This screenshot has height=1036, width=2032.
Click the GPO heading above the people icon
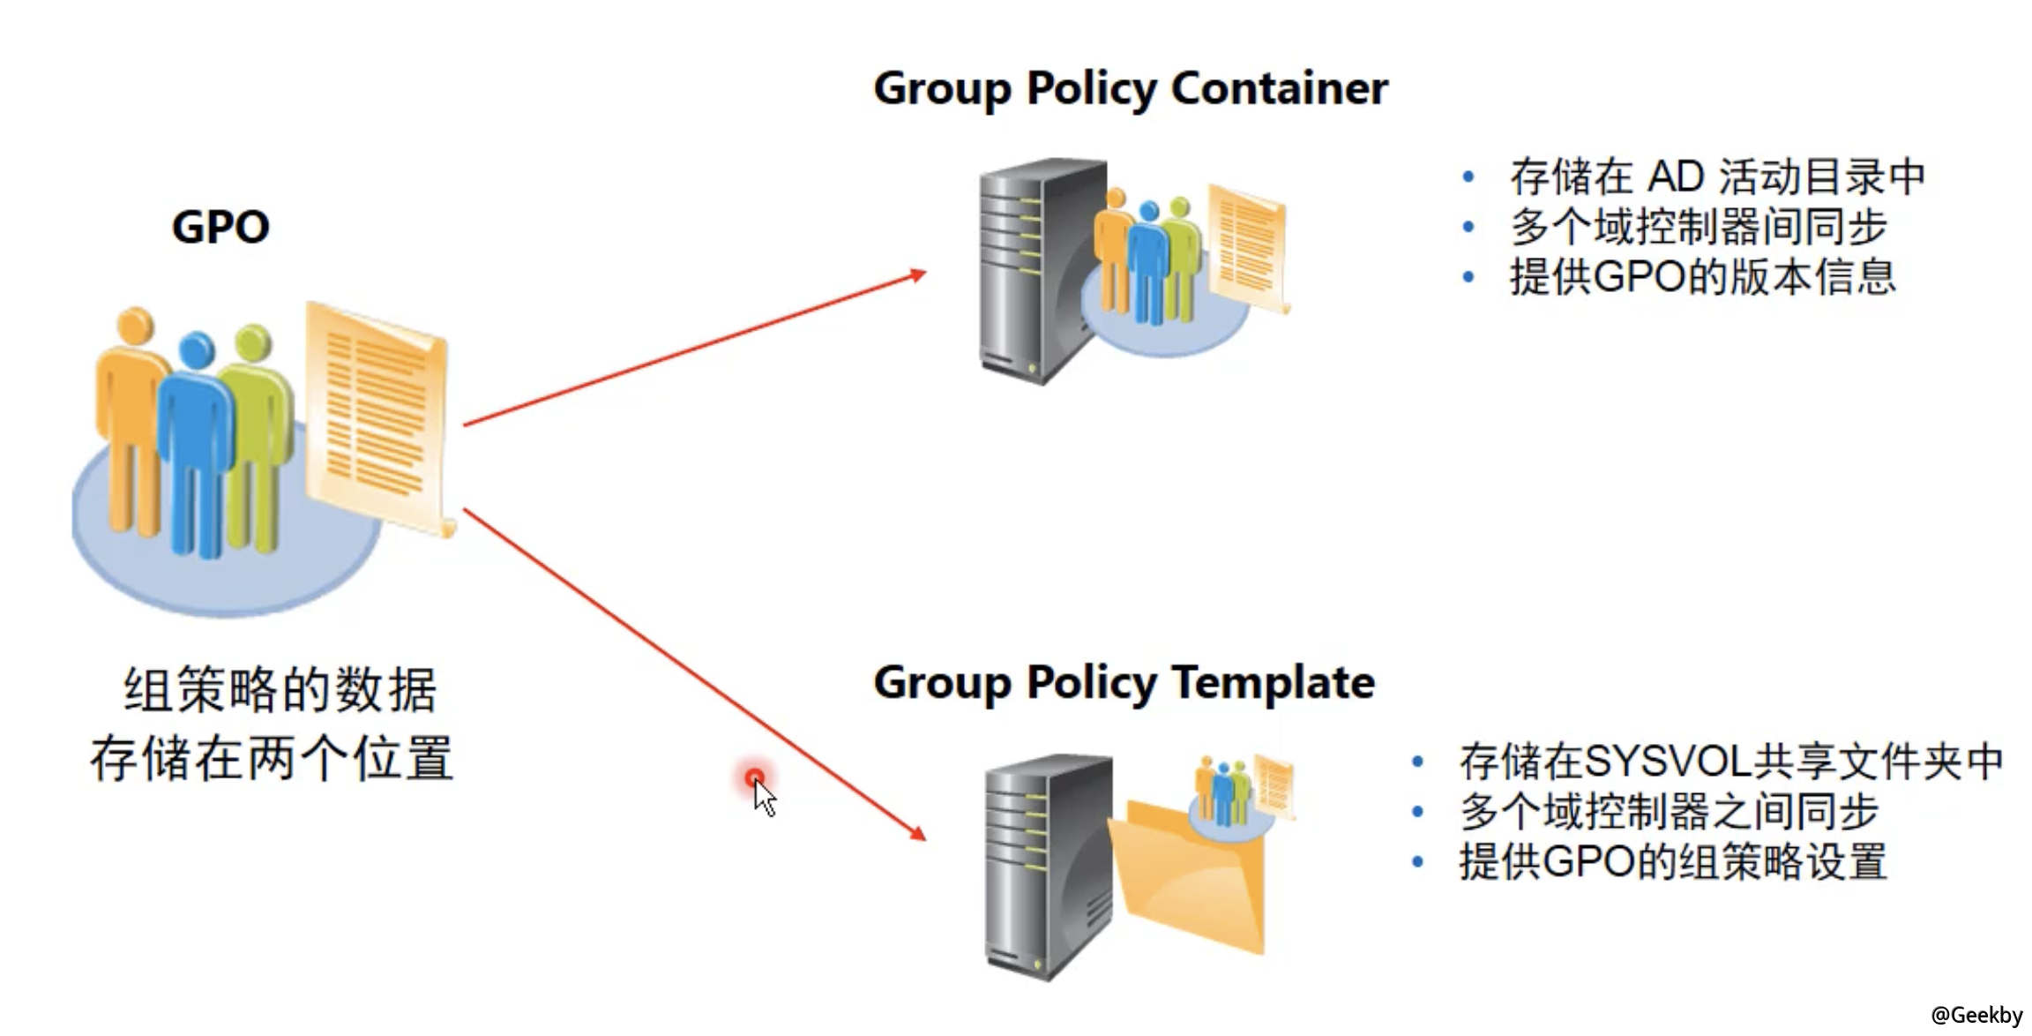[220, 227]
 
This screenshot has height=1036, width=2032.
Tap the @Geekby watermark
[1976, 1015]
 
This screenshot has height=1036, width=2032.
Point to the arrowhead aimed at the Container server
[918, 275]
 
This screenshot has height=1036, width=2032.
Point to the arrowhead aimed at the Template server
[918, 833]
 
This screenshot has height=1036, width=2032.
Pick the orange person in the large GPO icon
[131, 415]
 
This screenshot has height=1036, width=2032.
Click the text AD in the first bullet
[1674, 176]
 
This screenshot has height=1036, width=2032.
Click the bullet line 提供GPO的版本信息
[1702, 277]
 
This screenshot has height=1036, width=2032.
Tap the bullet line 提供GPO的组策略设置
[1673, 861]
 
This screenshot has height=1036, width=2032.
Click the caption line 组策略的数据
[280, 690]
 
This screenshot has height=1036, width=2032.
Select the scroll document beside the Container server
[1247, 247]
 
